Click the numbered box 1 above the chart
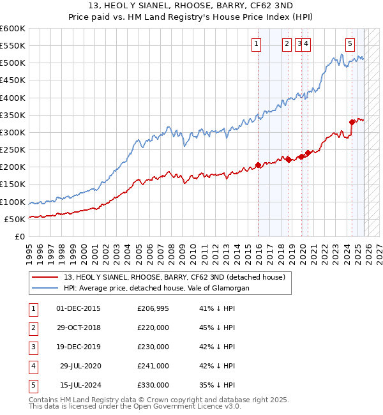click(256, 44)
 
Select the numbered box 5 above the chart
click(350, 44)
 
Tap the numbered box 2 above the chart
click(287, 44)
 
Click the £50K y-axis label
click(15, 219)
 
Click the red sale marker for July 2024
click(352, 122)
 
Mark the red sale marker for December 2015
click(259, 165)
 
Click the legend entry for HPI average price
click(156, 288)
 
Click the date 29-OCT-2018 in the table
click(79, 328)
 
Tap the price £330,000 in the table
click(153, 385)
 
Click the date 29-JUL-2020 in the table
click(80, 366)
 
